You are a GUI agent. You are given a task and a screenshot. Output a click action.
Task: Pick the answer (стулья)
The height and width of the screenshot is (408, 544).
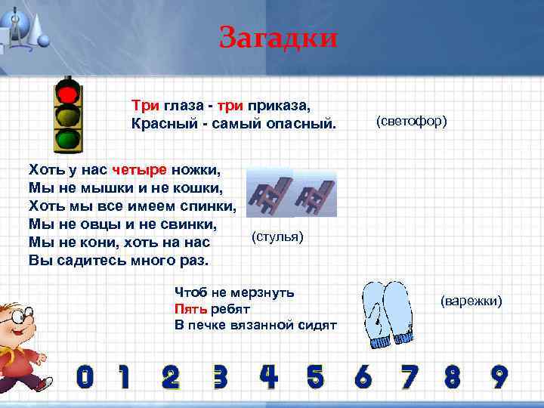point(277,238)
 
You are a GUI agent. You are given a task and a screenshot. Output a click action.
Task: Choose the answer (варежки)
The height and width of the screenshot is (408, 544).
point(471,301)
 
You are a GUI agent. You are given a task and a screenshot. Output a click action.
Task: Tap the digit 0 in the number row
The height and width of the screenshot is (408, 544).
point(85,376)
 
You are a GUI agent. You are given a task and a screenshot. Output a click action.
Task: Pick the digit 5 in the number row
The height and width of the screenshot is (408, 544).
point(315,376)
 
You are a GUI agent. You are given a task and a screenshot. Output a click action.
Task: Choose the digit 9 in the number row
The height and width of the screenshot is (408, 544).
point(498,376)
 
